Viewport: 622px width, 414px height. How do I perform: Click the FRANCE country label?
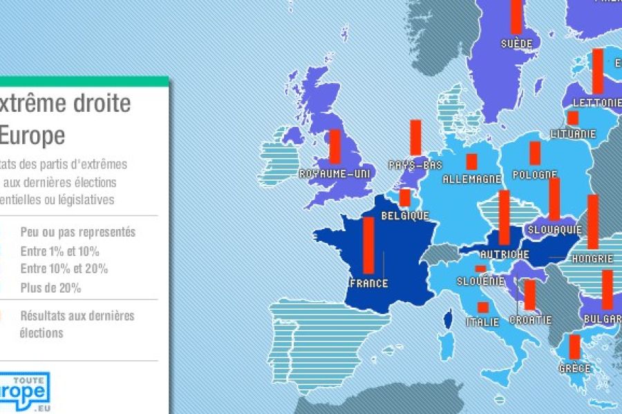[x=370, y=284]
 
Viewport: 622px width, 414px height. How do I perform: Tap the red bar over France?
[x=368, y=246]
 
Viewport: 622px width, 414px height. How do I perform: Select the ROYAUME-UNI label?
[x=333, y=174]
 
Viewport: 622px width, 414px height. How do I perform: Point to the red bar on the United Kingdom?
[x=334, y=146]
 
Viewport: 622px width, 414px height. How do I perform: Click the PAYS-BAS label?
[x=415, y=166]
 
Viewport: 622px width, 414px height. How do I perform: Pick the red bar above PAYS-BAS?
[x=415, y=137]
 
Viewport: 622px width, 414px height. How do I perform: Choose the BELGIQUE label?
[x=406, y=216]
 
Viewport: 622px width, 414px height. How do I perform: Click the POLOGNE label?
[x=536, y=175]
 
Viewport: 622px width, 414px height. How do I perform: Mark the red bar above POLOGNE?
[x=535, y=152]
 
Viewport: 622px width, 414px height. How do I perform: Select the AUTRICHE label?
[x=505, y=255]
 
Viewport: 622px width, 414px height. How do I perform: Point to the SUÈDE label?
[x=517, y=43]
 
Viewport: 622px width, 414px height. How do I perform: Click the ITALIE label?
[x=482, y=322]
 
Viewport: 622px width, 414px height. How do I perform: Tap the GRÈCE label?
[x=575, y=368]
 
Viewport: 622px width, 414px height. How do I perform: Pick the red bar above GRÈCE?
[x=574, y=346]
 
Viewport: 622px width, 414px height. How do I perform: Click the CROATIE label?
[x=531, y=320]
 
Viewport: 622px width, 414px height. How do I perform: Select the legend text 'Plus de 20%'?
[x=50, y=288]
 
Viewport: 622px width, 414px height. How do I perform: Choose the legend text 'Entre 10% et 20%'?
[x=64, y=269]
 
